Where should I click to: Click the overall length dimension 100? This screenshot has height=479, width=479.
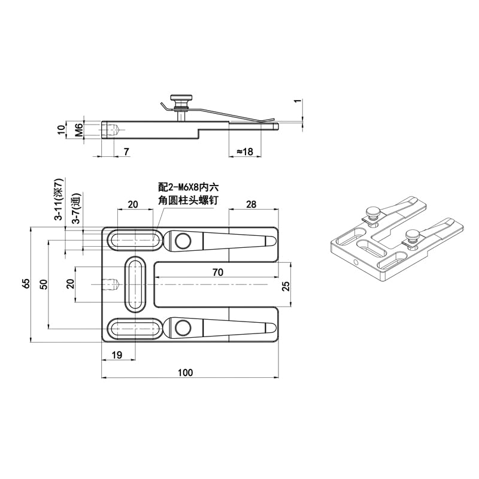pyautogui.click(x=186, y=372)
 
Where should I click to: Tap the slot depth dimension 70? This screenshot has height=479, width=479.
pyautogui.click(x=217, y=272)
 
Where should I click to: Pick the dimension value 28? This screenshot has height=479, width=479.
pyautogui.click(x=251, y=205)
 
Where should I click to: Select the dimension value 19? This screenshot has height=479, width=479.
pyautogui.click(x=117, y=355)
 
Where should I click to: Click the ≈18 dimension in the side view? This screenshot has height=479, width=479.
pyautogui.click(x=244, y=152)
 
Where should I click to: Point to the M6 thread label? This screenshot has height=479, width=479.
pyautogui.click(x=78, y=130)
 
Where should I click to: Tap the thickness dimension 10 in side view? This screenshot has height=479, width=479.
pyautogui.click(x=60, y=130)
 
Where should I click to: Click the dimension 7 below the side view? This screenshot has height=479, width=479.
pyautogui.click(x=126, y=152)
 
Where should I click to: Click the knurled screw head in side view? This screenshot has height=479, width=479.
pyautogui.click(x=179, y=98)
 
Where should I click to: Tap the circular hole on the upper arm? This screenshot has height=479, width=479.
pyautogui.click(x=183, y=241)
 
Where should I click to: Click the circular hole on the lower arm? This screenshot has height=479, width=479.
pyautogui.click(x=183, y=328)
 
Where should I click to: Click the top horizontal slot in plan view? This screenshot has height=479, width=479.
pyautogui.click(x=135, y=241)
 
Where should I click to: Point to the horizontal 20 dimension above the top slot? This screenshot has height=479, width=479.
pyautogui.click(x=133, y=205)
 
